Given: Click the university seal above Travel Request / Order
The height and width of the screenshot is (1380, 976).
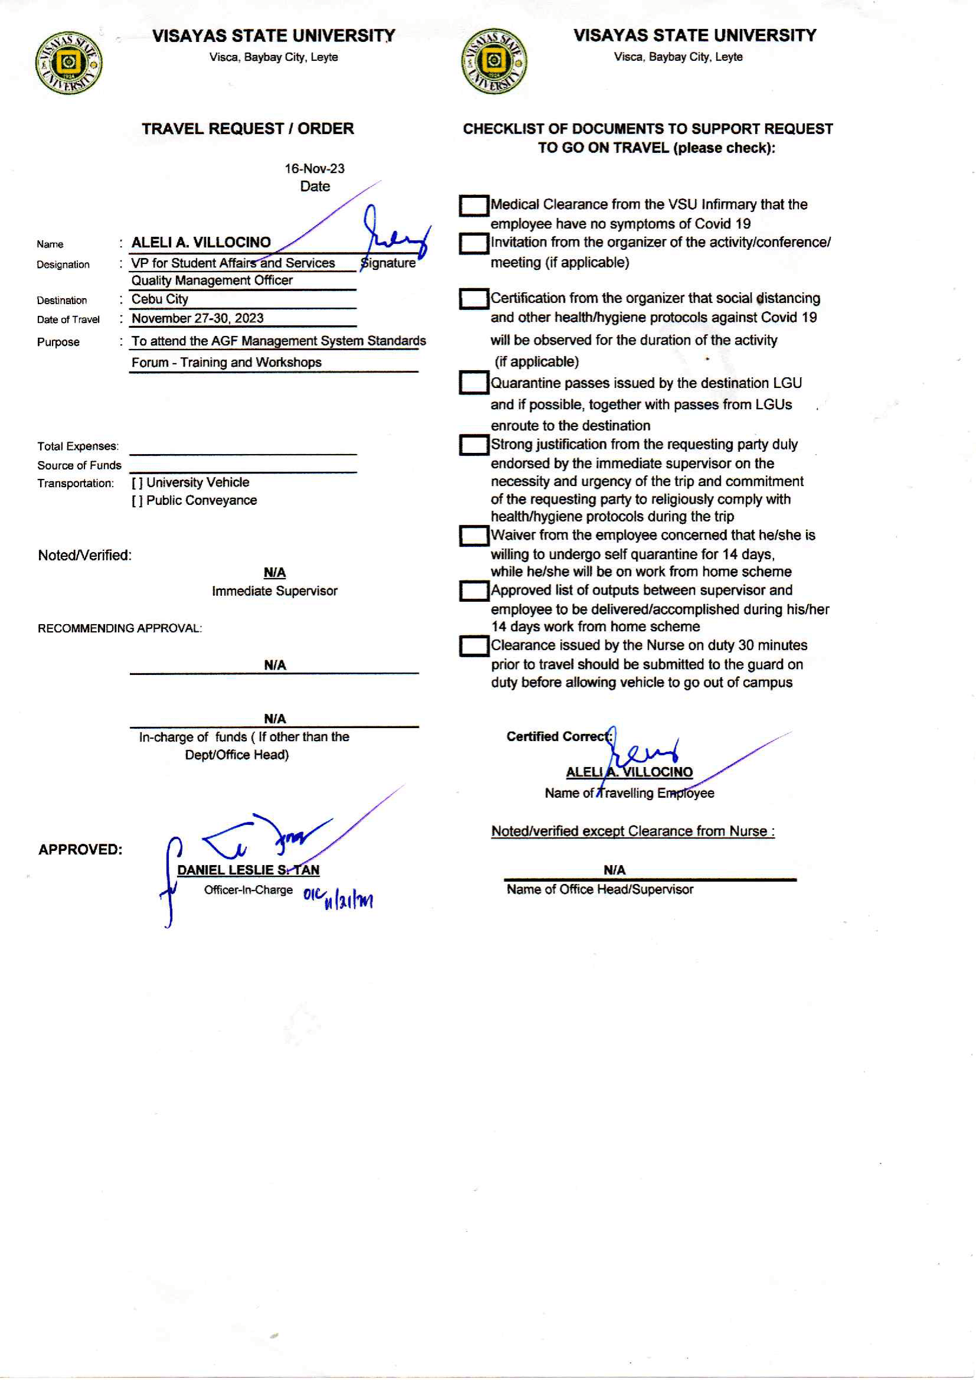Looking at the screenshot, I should (x=68, y=63).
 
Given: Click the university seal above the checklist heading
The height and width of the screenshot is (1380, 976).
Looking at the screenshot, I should (x=494, y=61).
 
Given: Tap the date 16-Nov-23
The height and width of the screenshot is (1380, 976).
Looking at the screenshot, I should (x=314, y=169).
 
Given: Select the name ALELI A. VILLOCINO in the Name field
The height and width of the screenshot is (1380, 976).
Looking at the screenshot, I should (x=201, y=242).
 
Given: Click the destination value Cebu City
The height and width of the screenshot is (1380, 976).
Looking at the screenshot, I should (x=160, y=299).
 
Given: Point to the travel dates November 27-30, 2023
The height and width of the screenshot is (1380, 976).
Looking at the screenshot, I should (x=197, y=318).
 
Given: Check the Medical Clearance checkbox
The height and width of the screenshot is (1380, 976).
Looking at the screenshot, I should (x=473, y=205).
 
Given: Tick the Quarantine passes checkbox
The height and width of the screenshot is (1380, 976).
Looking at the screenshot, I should (x=473, y=383).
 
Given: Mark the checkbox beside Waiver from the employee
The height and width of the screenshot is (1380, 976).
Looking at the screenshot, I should (x=473, y=536).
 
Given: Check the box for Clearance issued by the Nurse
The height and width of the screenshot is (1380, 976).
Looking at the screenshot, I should (x=473, y=646).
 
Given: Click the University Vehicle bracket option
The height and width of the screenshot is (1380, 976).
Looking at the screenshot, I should (x=137, y=482).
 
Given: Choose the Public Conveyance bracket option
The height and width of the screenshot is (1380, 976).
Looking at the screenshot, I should (x=137, y=501).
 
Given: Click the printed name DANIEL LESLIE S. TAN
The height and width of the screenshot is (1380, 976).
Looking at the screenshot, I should (x=248, y=870).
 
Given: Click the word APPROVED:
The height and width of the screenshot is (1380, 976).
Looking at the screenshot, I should (x=80, y=850).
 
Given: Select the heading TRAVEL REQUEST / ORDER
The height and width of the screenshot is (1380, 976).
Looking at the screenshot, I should (x=247, y=129).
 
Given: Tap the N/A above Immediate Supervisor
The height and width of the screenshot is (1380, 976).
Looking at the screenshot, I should (x=275, y=573).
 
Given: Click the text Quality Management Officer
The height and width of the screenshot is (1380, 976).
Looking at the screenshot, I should (x=211, y=280).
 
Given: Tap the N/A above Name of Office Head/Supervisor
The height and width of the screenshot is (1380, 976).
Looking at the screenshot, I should (x=614, y=870).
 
